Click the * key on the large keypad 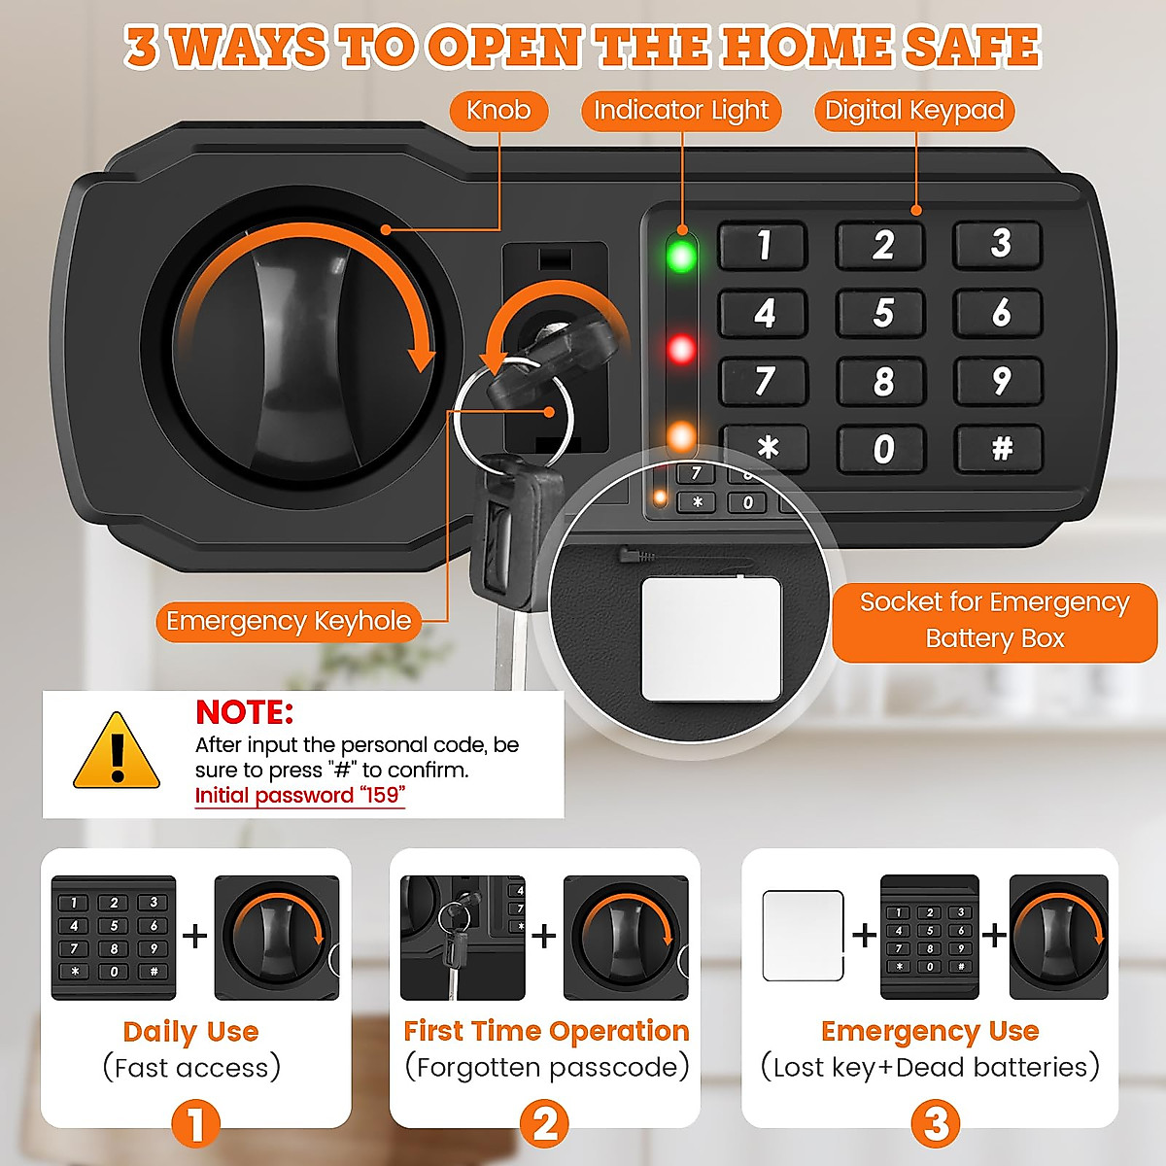pos(766,448)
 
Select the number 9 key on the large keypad pos(999,381)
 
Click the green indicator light pos(681,257)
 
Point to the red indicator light pos(681,349)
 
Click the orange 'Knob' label pos(498,111)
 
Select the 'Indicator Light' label pos(681,111)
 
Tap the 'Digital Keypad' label pos(914,111)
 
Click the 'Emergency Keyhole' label pos(289,621)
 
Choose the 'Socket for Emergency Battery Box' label pos(994,620)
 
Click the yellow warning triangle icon pos(117,752)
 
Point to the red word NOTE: pos(244,712)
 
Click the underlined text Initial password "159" pos(299,796)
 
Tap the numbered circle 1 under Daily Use pos(195,1123)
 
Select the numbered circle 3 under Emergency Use pos(935,1123)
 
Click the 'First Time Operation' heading pos(546,1031)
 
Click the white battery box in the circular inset pos(711,638)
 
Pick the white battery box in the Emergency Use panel pos(803,936)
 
